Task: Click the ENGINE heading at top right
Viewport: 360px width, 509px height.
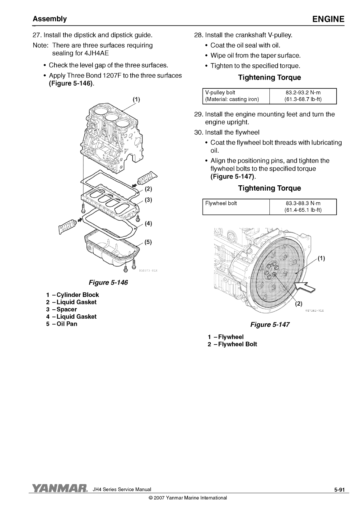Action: (x=328, y=19)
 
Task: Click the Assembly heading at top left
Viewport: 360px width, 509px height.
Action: (x=50, y=19)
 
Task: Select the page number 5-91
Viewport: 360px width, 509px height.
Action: (x=340, y=490)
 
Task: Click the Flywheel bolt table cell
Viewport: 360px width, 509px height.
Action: (x=221, y=203)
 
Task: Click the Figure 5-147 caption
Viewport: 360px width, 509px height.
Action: (x=270, y=325)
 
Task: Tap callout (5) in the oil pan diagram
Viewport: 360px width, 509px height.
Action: (x=148, y=242)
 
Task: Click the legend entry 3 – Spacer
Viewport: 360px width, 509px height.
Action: (x=61, y=309)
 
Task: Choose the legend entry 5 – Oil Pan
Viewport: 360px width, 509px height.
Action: (x=62, y=324)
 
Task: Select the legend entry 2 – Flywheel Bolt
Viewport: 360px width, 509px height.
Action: (x=232, y=344)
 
